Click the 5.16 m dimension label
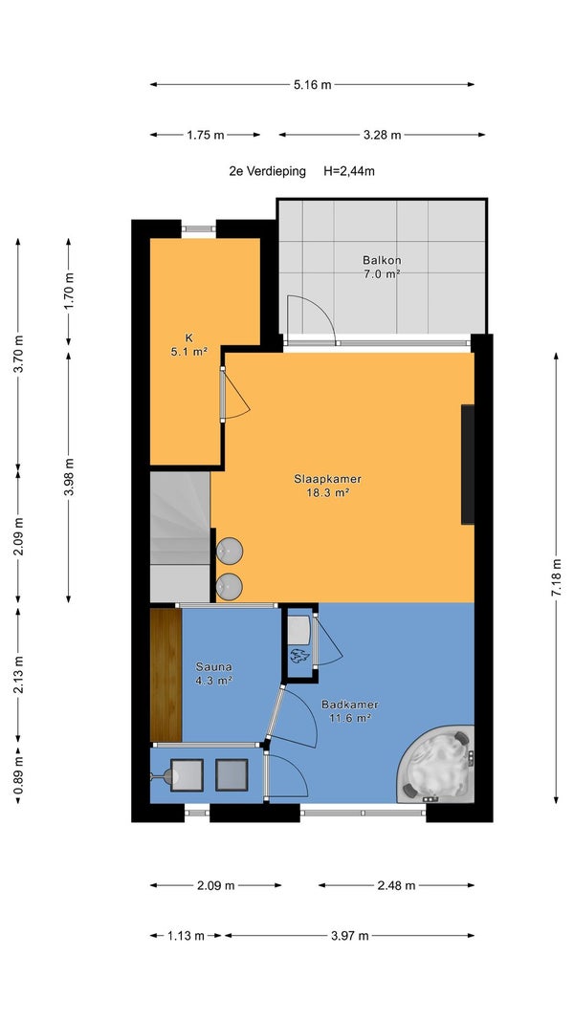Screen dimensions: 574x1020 (313, 84)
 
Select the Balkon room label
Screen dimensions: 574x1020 (381, 260)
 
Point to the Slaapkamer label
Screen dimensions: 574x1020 (327, 479)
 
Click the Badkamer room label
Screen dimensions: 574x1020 (350, 705)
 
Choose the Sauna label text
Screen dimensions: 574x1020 (214, 666)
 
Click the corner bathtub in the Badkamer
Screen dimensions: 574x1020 (436, 764)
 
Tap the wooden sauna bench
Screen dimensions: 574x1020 (166, 675)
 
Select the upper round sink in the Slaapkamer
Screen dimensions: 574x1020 (229, 552)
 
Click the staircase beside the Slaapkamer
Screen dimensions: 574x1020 (180, 536)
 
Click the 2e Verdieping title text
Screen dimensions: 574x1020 (267, 171)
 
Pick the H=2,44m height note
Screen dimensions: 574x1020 (349, 171)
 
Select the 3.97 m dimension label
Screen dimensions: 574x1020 (349, 936)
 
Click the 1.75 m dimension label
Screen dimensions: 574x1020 (205, 135)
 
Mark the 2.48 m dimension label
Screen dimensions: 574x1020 (396, 884)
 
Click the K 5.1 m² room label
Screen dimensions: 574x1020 (188, 345)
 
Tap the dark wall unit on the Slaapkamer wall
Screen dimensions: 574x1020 (468, 465)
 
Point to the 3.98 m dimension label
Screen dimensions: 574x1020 (68, 477)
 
